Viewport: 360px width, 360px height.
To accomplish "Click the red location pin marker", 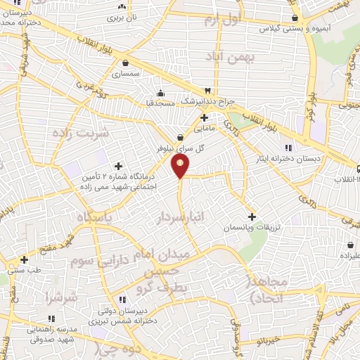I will (x=181, y=167).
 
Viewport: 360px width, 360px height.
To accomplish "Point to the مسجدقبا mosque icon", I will (x=161, y=93).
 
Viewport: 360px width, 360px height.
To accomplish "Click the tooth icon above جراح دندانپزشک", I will (x=207, y=91).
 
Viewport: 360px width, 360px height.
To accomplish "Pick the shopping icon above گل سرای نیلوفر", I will (x=181, y=137).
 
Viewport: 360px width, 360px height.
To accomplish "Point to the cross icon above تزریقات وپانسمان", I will (x=252, y=216).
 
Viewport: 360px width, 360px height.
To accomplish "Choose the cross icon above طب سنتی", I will (x=25, y=259).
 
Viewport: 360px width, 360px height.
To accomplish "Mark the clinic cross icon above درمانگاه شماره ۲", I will (x=118, y=166).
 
